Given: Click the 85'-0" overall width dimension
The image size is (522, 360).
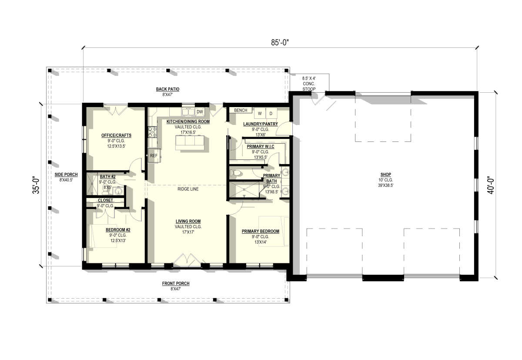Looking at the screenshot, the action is pos(280,43).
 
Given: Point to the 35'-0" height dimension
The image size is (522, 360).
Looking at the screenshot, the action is pos(36,185).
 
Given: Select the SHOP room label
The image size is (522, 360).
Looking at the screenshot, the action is pos(386,175).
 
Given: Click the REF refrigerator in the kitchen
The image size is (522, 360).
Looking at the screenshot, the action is pos(154,155).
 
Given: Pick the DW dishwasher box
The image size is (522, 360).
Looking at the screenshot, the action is pos(200,112).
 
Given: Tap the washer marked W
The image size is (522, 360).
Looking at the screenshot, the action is pos(260,114).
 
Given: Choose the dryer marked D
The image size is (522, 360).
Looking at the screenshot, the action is pos(271,114).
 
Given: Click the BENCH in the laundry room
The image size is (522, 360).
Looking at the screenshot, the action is pos(241,110).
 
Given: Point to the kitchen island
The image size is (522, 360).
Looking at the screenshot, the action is pos(190,143).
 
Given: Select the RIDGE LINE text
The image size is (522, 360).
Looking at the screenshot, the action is pos(188,189).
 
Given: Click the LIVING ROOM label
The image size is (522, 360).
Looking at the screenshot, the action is pos(188,221).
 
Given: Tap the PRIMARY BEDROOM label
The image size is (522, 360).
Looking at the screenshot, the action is pos(261,231).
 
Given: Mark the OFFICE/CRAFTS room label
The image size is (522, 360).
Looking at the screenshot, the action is pos(116,135).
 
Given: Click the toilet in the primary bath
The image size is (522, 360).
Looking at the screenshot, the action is pos(235,173).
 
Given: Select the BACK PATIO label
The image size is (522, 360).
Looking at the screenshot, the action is pos(167,89).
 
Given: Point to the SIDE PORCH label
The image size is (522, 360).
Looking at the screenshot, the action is pos(66,175).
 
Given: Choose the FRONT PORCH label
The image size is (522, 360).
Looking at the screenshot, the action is pos(176,283).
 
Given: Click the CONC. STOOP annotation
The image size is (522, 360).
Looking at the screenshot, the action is pos(309,86).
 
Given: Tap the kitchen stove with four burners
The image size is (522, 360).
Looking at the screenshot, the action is pos(152,132).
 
